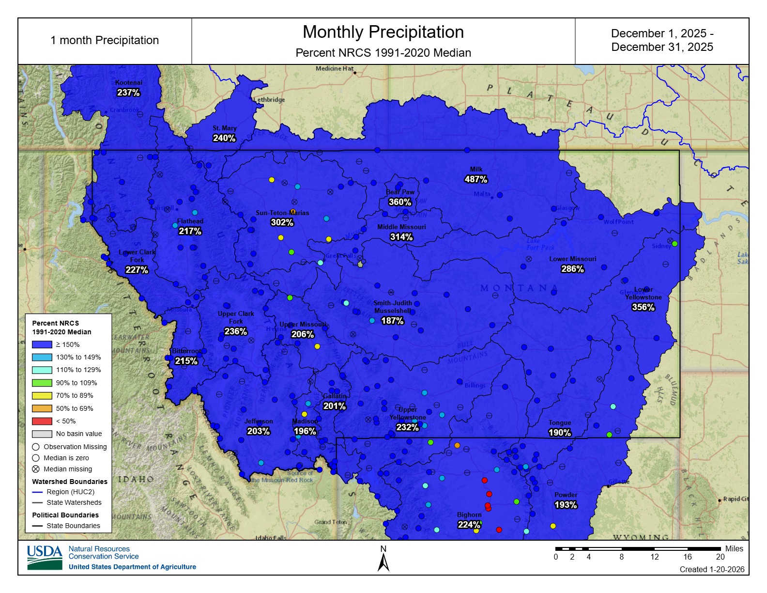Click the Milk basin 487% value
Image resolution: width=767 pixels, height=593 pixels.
point(476,179)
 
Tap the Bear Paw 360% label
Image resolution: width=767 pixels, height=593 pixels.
point(400,202)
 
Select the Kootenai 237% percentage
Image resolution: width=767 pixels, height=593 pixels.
point(128,93)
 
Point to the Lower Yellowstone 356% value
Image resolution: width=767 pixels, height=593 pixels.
point(643,307)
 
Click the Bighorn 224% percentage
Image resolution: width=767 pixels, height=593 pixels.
point(469,525)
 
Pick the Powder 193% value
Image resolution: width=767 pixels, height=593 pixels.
point(566,505)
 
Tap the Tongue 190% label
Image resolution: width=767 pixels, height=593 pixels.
point(560,433)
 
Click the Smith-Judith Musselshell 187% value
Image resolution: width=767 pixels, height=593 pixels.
point(392,321)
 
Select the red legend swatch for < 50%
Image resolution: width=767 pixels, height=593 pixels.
point(42,421)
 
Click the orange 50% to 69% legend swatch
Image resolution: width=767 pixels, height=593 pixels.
point(42,408)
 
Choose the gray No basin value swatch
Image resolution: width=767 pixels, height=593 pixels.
point(42,434)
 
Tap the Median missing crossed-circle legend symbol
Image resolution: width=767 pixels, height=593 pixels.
point(36,469)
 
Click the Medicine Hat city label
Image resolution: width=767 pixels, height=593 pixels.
point(335,69)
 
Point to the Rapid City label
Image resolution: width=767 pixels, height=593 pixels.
point(736,499)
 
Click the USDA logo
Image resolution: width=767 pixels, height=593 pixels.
point(45,557)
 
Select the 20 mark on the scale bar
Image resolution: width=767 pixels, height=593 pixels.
point(720,557)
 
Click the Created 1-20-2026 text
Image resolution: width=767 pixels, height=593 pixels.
point(712,569)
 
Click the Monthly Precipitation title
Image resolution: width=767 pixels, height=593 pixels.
point(383,32)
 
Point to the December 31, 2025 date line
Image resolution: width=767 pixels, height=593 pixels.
point(662,47)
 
